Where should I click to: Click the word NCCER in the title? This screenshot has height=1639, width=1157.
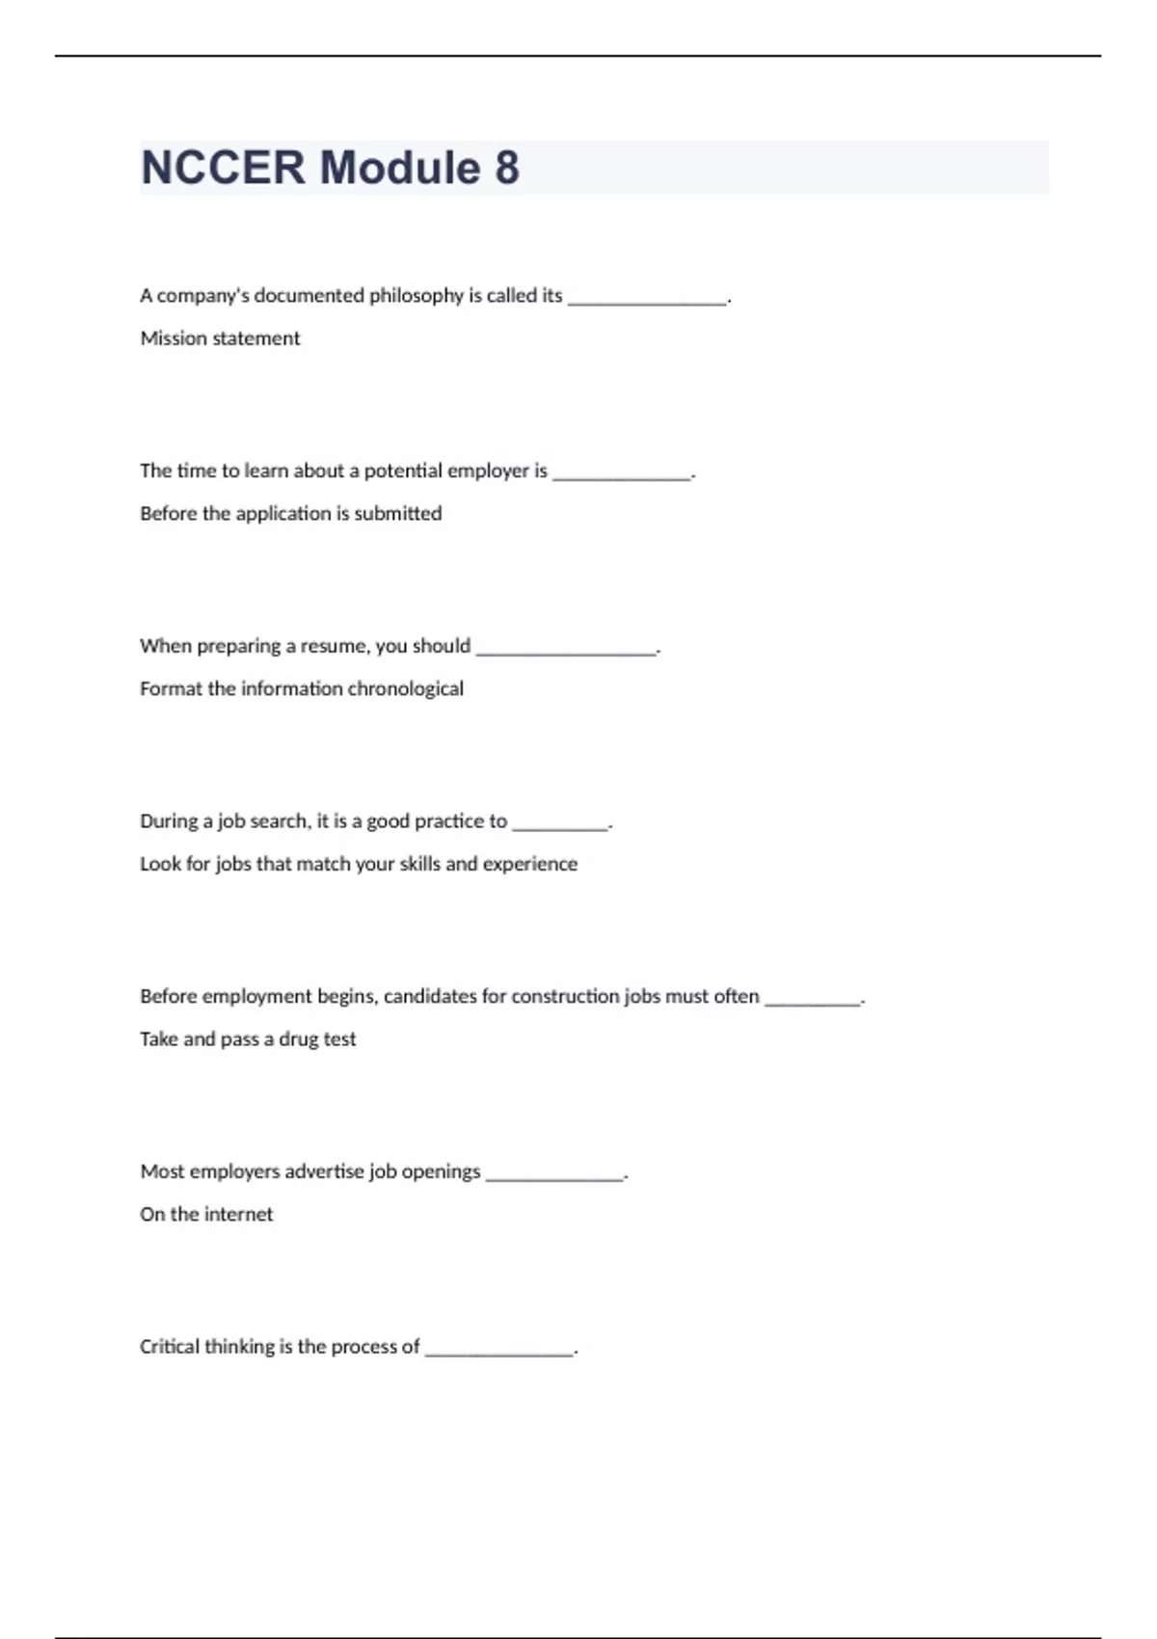(x=223, y=168)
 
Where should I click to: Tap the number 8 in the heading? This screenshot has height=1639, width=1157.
(x=507, y=168)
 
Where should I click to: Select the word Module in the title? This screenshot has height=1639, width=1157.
(x=400, y=168)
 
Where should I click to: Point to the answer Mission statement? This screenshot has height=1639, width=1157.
(x=220, y=338)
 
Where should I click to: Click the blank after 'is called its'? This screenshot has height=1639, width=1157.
(x=647, y=299)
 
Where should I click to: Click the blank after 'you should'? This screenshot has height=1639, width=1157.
(x=566, y=650)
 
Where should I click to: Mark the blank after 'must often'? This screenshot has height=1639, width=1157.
(x=812, y=1001)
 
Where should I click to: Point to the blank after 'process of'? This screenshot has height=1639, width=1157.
(x=499, y=1351)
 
